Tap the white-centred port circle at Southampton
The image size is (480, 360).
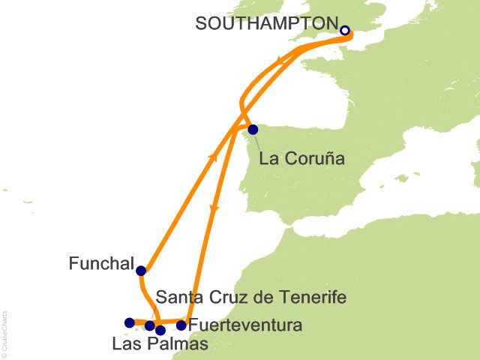[345, 31]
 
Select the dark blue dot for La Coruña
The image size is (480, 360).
[253, 129]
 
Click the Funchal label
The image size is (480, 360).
[100, 264]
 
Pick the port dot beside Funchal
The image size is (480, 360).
[141, 271]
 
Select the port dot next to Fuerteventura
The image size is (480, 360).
[181, 325]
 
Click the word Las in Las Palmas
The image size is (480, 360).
[125, 344]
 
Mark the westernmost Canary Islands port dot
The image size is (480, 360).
[129, 323]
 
